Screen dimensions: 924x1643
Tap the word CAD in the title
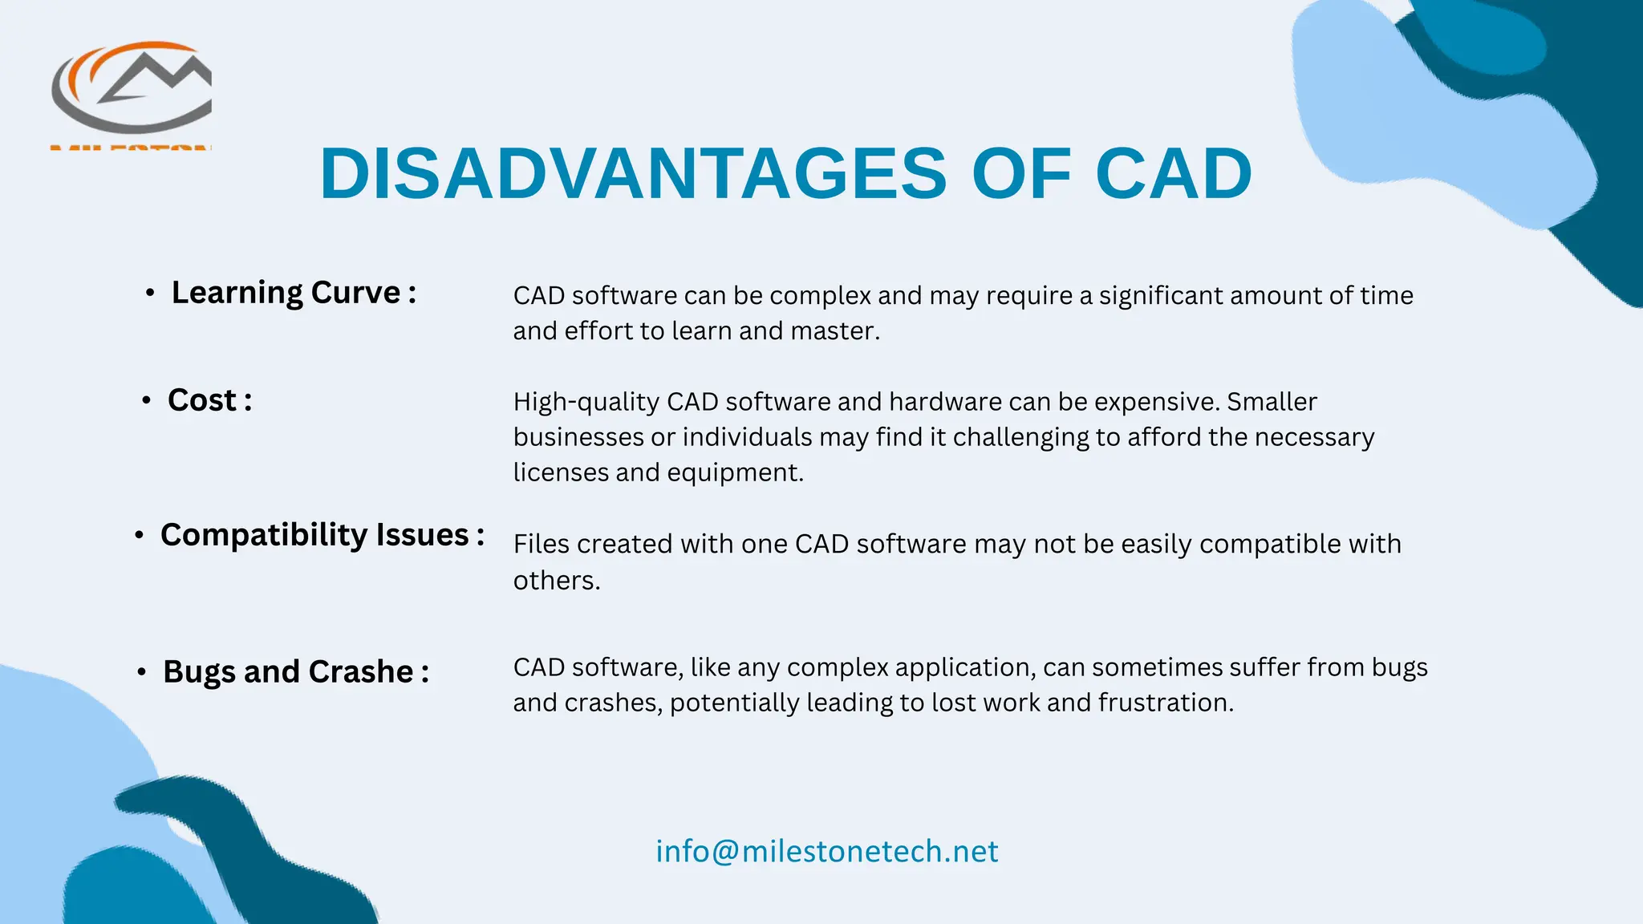1173,174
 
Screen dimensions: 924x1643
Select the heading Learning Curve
294,293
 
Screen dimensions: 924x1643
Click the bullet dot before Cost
146,400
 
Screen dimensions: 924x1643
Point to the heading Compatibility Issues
322,535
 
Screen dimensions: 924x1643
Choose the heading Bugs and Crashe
295,672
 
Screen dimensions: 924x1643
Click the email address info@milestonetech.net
826,851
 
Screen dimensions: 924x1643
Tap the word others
556,581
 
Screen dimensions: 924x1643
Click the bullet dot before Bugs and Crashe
141,672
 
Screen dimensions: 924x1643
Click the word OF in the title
1020,174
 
